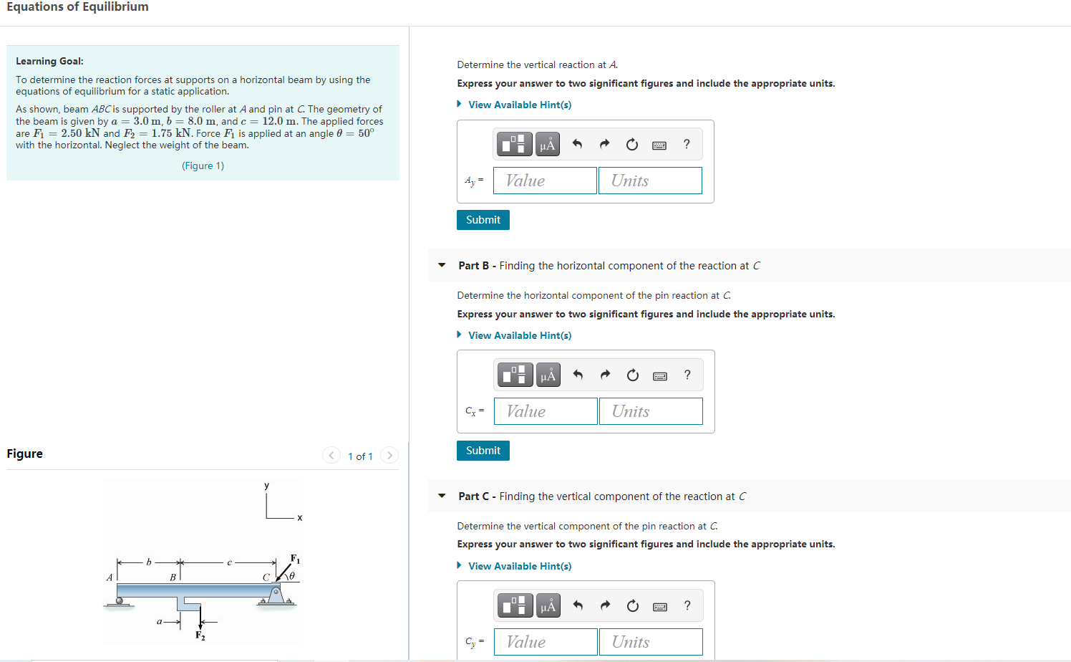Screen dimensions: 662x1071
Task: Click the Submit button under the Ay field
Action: click(483, 220)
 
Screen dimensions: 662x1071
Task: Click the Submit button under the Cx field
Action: click(483, 451)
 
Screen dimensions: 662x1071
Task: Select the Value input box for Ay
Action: click(545, 181)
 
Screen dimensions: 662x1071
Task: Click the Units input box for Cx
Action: click(651, 411)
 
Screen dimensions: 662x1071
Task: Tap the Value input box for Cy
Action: click(546, 642)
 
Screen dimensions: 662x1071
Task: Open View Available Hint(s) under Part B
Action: click(519, 335)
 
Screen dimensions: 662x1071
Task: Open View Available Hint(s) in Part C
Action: click(519, 566)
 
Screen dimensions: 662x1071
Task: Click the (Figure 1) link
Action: click(203, 165)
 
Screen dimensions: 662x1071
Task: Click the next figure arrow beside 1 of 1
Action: click(389, 456)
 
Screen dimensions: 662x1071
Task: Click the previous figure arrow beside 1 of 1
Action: click(331, 456)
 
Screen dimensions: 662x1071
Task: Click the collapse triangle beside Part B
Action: click(442, 265)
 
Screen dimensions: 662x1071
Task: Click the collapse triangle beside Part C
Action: click(442, 496)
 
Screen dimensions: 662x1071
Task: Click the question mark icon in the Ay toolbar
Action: click(687, 145)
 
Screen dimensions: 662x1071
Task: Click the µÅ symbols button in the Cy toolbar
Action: click(548, 606)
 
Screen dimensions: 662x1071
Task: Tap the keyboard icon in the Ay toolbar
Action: click(659, 145)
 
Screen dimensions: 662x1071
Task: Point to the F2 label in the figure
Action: click(200, 635)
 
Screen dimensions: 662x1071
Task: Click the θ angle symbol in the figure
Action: click(291, 575)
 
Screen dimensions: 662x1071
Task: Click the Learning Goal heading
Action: click(49, 62)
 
